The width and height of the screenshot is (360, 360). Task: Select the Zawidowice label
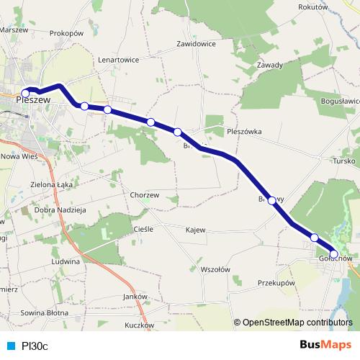[x=197, y=43]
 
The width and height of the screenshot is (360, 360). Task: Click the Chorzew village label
[x=145, y=194]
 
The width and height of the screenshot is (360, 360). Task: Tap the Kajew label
[x=194, y=230]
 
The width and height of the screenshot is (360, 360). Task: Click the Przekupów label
[x=277, y=284]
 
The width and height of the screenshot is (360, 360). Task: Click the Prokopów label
[x=68, y=33]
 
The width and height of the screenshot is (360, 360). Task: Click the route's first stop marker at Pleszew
[x=26, y=93]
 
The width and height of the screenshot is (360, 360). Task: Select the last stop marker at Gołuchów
[x=334, y=253]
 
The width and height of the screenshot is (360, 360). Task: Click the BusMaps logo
[x=320, y=345]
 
